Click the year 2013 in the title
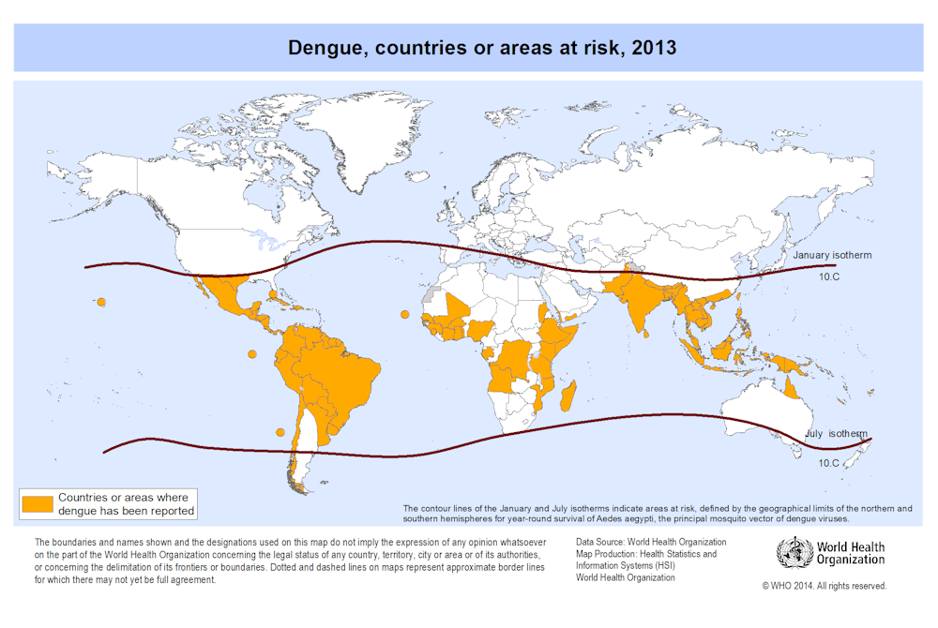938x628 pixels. coord(654,48)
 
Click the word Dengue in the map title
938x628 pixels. coord(325,48)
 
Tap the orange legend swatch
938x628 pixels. coord(38,503)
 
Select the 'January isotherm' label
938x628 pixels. coord(832,255)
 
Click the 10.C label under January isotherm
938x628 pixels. coord(829,277)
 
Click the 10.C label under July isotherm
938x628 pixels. coord(828,463)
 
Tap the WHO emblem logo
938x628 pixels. coord(794,553)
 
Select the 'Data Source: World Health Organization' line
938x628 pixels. coord(651,542)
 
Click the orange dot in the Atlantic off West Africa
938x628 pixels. coord(405,314)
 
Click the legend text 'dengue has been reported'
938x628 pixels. coord(126,511)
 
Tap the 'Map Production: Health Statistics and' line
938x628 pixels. coord(646,554)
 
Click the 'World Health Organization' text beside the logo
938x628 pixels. coord(850,553)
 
